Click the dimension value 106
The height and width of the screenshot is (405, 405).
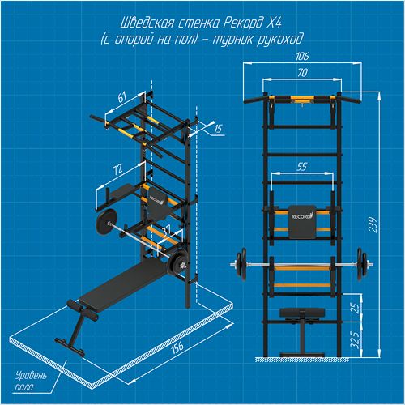(x=302, y=56)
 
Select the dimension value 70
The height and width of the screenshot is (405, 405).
(x=302, y=72)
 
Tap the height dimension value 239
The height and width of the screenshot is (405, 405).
(x=373, y=224)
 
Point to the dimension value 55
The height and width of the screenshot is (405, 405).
(x=301, y=167)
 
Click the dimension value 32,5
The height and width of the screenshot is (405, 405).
(x=356, y=339)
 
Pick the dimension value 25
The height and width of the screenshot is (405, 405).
(x=356, y=308)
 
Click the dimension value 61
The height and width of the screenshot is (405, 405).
(x=122, y=97)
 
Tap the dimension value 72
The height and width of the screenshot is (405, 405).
(x=117, y=169)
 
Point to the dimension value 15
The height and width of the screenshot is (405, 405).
(x=218, y=129)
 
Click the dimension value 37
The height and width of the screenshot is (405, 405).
(x=166, y=230)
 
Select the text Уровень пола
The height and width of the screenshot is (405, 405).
(x=31, y=382)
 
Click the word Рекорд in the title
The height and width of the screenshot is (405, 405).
(x=241, y=23)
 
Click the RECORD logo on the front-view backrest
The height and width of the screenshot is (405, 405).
(x=302, y=216)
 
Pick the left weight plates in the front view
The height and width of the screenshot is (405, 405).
(x=241, y=265)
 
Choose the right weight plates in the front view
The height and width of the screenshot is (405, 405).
(x=362, y=265)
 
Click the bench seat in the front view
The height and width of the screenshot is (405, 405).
(x=302, y=313)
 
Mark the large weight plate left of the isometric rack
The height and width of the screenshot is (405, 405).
(x=105, y=220)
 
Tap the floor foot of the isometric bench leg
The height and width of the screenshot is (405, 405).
(x=70, y=346)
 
